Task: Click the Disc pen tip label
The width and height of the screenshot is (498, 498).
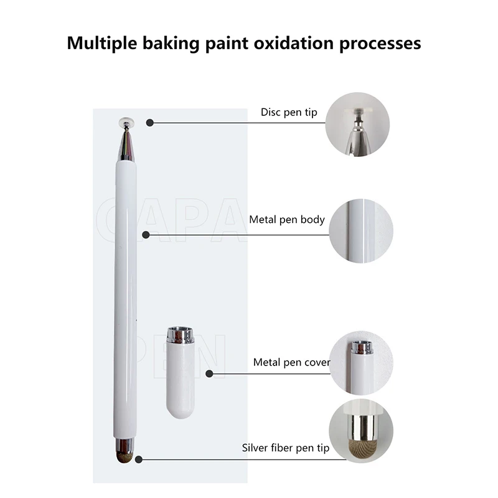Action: pos(289,113)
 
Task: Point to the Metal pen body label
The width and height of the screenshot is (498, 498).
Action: pos(287,220)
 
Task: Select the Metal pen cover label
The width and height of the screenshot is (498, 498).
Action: pos(291,362)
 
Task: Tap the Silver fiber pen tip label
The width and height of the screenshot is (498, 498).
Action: pos(286,448)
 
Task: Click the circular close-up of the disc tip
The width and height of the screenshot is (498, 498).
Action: pos(357,124)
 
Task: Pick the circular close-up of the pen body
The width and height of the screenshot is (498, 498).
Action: pos(361,230)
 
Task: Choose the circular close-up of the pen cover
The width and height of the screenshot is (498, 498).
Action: pos(361,363)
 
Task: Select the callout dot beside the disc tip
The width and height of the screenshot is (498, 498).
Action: pos(149,123)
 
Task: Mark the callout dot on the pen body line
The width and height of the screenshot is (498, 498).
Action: pos(146,235)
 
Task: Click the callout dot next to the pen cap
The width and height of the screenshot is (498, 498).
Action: pos(209,374)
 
